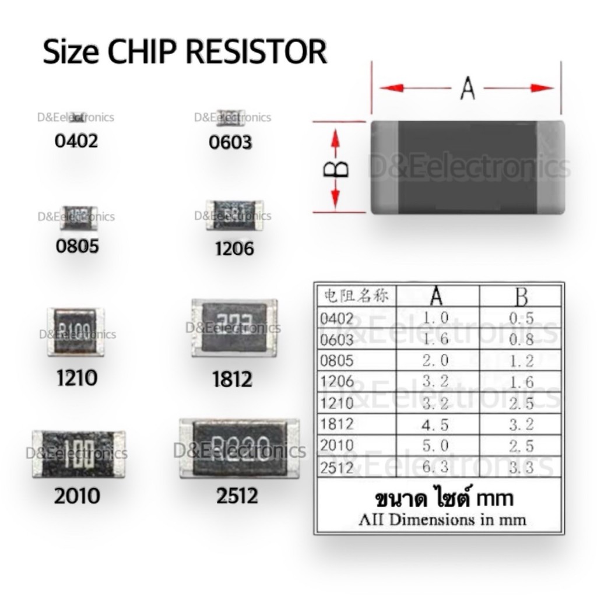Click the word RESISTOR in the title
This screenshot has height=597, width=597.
[x=257, y=52]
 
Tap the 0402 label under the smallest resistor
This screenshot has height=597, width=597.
[x=76, y=141]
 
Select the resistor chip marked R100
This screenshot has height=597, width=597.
[x=76, y=332]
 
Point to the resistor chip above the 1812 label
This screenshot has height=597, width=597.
[x=234, y=328]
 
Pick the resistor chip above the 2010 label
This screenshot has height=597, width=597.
[x=79, y=451]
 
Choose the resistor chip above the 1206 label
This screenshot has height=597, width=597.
[x=234, y=214]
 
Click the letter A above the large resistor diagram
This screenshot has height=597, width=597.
[x=467, y=89]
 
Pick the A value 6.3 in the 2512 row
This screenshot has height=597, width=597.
[x=437, y=467]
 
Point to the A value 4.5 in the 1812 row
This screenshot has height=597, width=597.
[x=437, y=424]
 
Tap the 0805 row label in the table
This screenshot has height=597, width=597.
[x=337, y=360]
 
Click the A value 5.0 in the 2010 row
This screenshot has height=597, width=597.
[x=437, y=446]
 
